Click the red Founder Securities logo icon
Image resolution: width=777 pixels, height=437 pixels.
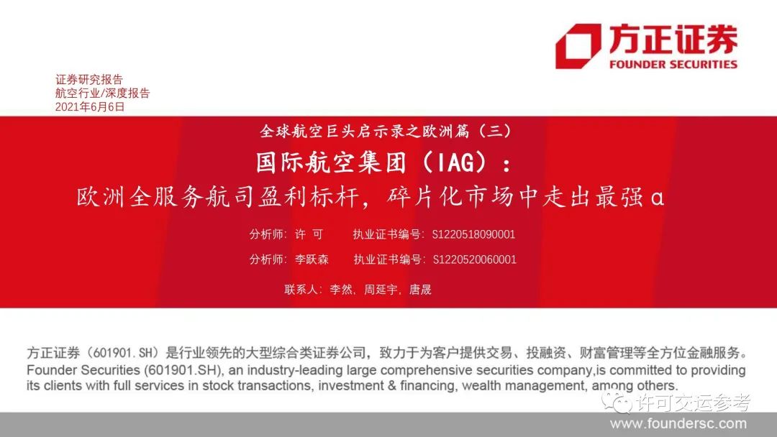point(578,46)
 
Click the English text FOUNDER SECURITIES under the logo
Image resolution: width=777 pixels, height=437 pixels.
point(673,65)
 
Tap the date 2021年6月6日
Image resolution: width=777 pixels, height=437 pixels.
point(90,107)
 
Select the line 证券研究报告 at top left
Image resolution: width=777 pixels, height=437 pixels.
point(89,79)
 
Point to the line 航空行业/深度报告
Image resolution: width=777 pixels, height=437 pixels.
point(103,93)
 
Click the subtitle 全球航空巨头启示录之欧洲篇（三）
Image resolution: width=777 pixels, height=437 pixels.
point(386,131)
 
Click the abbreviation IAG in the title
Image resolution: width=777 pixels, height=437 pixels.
point(456,162)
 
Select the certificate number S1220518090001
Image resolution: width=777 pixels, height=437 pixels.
point(473,234)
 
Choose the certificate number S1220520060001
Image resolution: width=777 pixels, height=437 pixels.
point(475,259)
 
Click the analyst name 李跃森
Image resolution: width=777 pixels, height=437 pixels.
point(312,259)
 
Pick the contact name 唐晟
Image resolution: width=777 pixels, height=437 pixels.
point(420,290)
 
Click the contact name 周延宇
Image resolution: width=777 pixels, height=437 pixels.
point(381,290)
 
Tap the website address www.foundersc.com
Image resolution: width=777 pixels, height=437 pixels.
point(678,423)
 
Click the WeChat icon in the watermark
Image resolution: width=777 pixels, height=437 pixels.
point(616,402)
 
